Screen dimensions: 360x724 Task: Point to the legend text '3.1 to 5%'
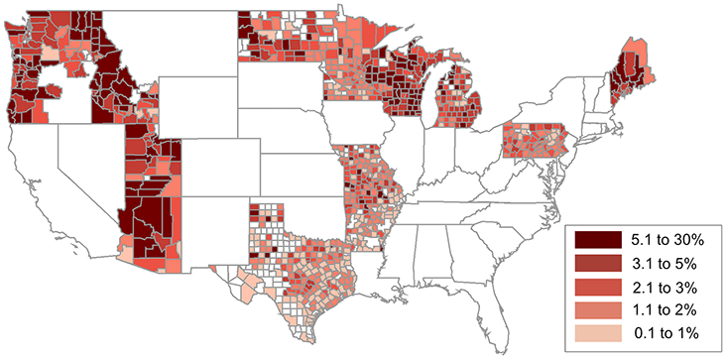tap(665, 263)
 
